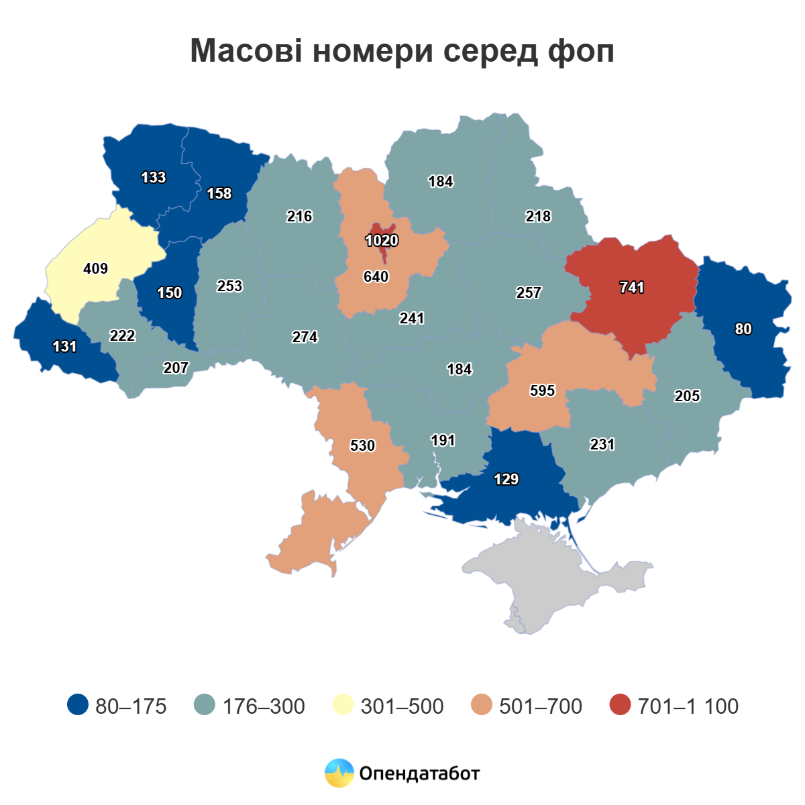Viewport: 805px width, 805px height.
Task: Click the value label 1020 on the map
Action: (x=382, y=240)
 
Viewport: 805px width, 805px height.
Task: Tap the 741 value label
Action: (x=632, y=287)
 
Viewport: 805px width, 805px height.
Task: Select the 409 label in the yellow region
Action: (x=95, y=268)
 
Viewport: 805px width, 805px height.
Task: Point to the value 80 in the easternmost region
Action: (x=743, y=329)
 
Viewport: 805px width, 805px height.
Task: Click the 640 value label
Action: (x=376, y=276)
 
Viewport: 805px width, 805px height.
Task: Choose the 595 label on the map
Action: (x=542, y=390)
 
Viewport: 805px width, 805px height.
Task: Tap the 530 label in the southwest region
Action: (x=362, y=445)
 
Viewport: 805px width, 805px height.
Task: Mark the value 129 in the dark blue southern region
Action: (x=506, y=479)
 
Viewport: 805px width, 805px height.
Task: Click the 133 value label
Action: (x=153, y=177)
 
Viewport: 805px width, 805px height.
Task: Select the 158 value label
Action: (x=219, y=193)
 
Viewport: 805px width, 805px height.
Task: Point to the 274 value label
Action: (x=305, y=337)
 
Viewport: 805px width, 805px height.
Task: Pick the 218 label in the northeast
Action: (x=538, y=216)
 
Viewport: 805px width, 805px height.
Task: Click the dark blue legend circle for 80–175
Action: (x=78, y=705)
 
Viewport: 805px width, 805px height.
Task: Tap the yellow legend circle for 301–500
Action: (x=343, y=705)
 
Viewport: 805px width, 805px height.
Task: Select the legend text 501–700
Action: (x=540, y=706)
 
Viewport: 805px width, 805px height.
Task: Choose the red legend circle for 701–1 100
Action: (x=621, y=705)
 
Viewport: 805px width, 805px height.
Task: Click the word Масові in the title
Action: (x=246, y=51)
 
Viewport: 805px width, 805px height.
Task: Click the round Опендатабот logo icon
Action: (x=339, y=773)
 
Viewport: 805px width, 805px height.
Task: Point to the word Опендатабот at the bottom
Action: (x=419, y=773)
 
